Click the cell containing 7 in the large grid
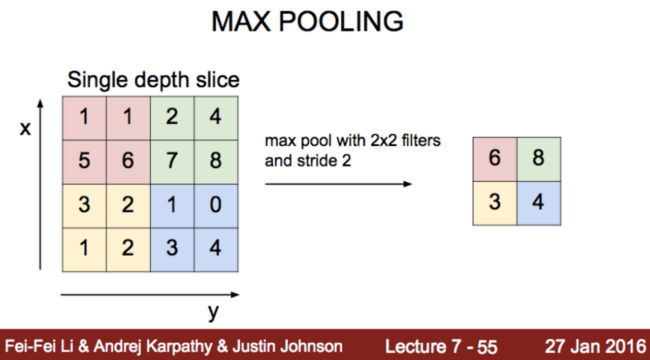(172, 161)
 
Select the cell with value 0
(216, 205)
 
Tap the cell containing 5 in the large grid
(84, 161)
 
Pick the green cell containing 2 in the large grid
(172, 117)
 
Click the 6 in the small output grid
(495, 158)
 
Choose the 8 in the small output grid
(539, 158)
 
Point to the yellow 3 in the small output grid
(495, 203)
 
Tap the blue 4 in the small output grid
(539, 203)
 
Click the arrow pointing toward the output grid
(338, 184)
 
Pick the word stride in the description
(318, 161)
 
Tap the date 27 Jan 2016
(595, 346)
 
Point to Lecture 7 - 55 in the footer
(441, 346)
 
